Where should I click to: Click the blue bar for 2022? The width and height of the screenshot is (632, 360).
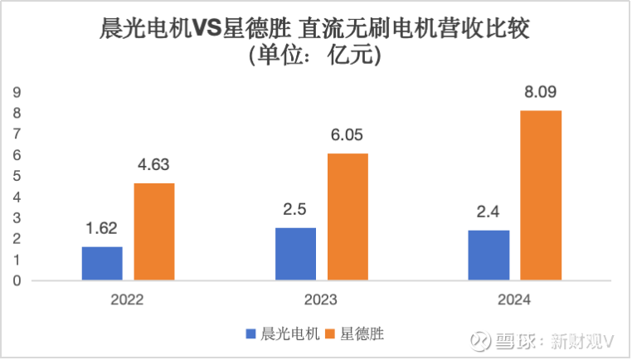tap(102, 264)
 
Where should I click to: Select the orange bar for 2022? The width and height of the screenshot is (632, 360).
tap(154, 231)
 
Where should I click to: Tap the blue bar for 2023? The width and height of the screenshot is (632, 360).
tap(295, 254)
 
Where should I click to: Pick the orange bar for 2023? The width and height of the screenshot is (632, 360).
tap(348, 217)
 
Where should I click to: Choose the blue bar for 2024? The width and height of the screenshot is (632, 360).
tap(489, 255)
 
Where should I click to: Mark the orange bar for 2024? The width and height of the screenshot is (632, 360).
tap(541, 196)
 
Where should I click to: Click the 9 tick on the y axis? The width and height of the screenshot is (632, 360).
tap(17, 92)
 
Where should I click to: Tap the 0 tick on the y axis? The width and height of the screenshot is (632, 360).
tap(17, 281)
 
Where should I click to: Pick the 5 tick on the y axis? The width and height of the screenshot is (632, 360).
tap(17, 176)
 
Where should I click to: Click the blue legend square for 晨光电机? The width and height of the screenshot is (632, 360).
tap(250, 333)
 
